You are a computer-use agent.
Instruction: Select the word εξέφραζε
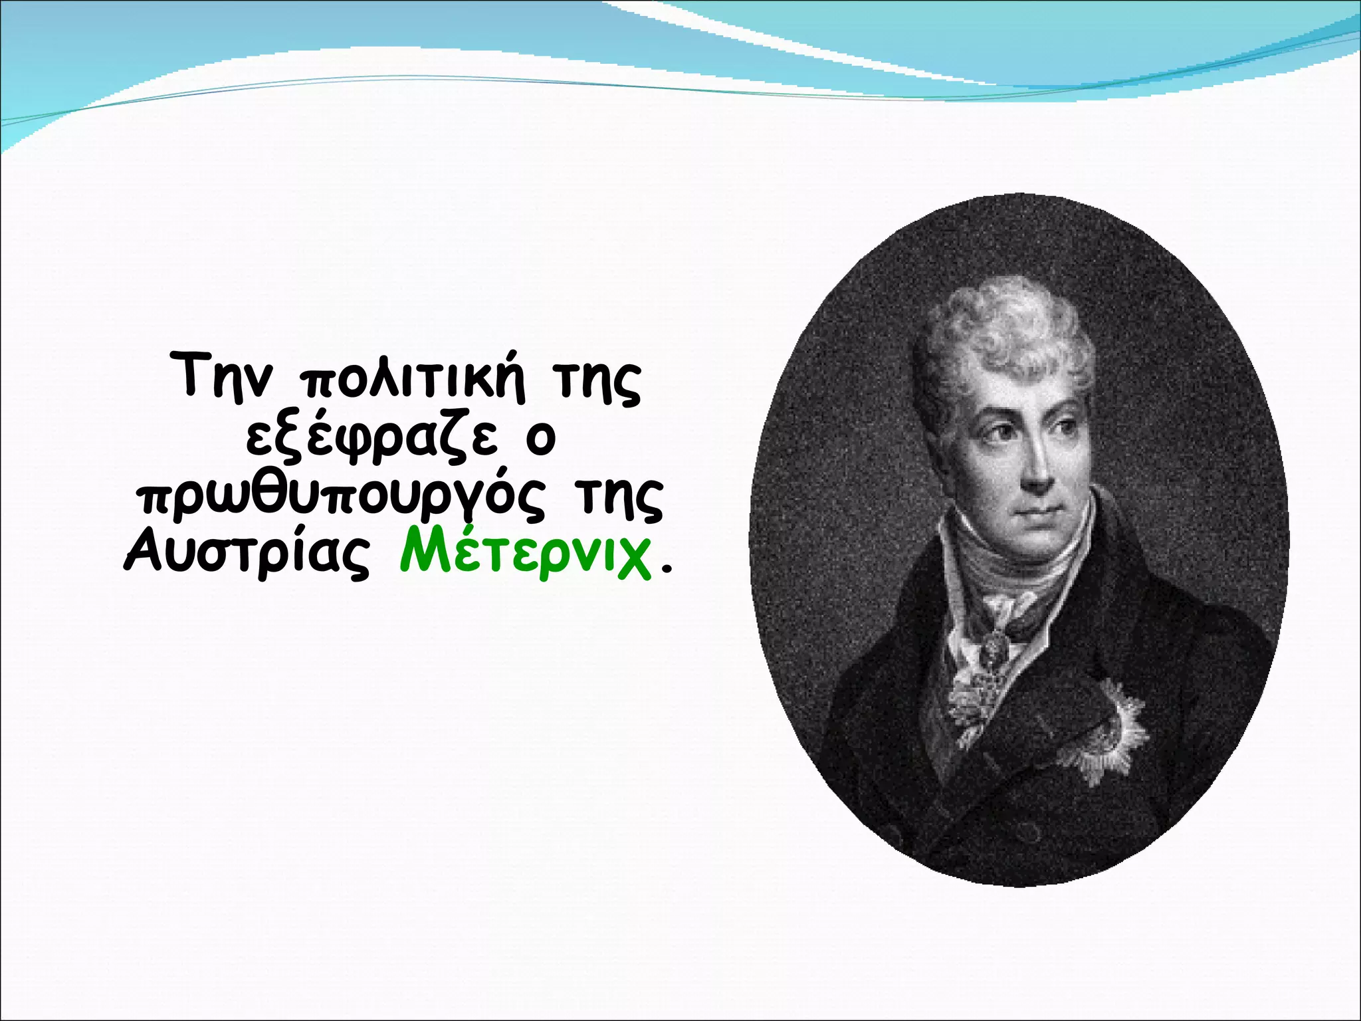(x=371, y=439)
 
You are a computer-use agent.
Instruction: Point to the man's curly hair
(x=1003, y=332)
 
